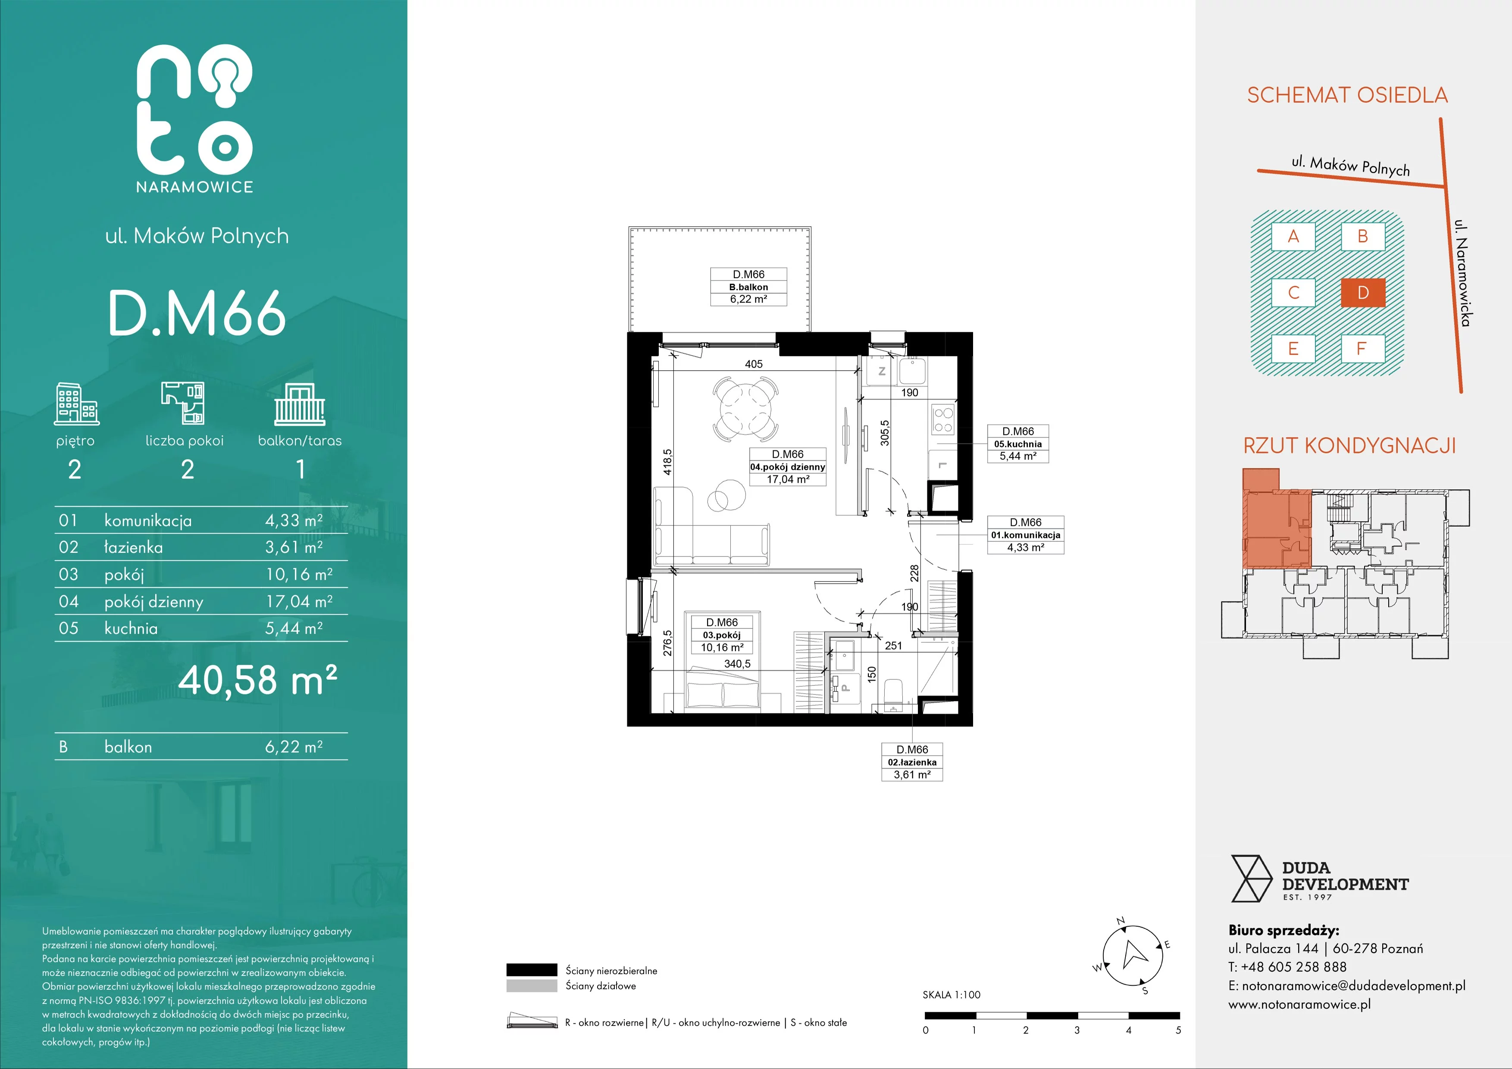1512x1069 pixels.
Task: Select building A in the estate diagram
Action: [1293, 236]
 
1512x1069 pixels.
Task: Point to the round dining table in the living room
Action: [746, 409]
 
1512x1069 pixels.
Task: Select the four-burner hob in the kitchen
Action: [943, 419]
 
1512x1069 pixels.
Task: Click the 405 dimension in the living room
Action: [754, 364]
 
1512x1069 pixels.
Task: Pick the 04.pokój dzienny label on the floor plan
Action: [788, 467]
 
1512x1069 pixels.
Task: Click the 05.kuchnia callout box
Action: [1017, 444]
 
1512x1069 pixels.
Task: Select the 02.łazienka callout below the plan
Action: [912, 762]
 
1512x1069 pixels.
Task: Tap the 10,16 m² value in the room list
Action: [299, 575]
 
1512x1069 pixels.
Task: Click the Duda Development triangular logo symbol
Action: [1251, 878]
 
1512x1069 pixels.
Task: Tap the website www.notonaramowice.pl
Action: [1299, 1004]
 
